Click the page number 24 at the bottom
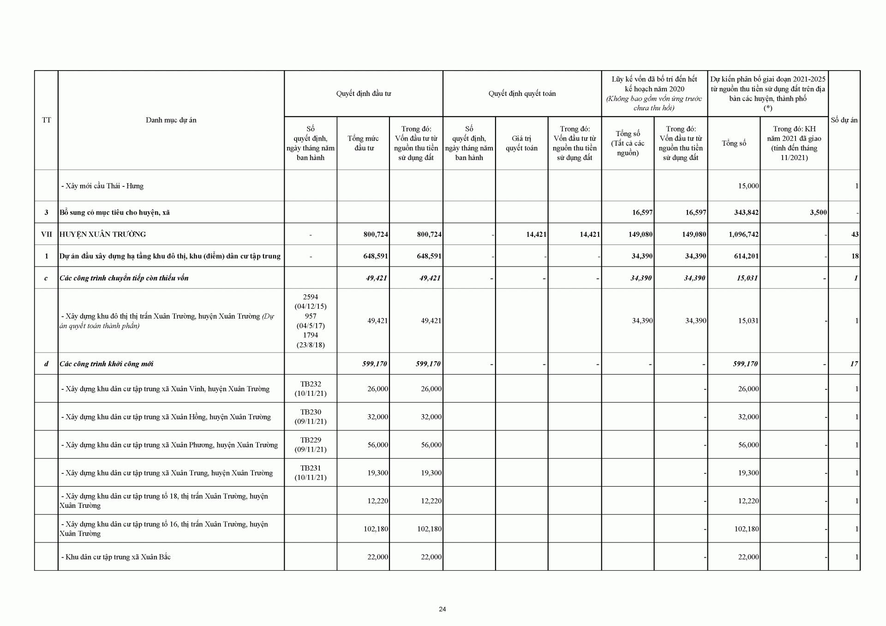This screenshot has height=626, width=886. (442, 609)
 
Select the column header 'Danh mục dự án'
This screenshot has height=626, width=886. (171, 120)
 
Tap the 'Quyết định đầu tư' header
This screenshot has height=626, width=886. (363, 94)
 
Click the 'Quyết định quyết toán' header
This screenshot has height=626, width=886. (522, 94)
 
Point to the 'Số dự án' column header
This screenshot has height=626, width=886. (844, 120)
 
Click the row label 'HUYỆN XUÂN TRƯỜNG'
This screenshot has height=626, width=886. (102, 234)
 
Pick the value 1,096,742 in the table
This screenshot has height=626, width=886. (743, 234)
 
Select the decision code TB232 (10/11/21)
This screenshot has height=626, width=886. (311, 389)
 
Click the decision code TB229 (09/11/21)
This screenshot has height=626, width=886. (311, 445)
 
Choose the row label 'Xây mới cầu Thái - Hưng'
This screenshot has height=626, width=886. (102, 186)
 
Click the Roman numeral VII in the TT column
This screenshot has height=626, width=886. (47, 234)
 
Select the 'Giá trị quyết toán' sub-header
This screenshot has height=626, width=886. (521, 143)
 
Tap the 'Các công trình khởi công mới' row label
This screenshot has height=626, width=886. (106, 364)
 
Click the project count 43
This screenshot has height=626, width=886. (855, 234)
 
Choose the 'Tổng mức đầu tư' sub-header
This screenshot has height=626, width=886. (363, 143)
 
